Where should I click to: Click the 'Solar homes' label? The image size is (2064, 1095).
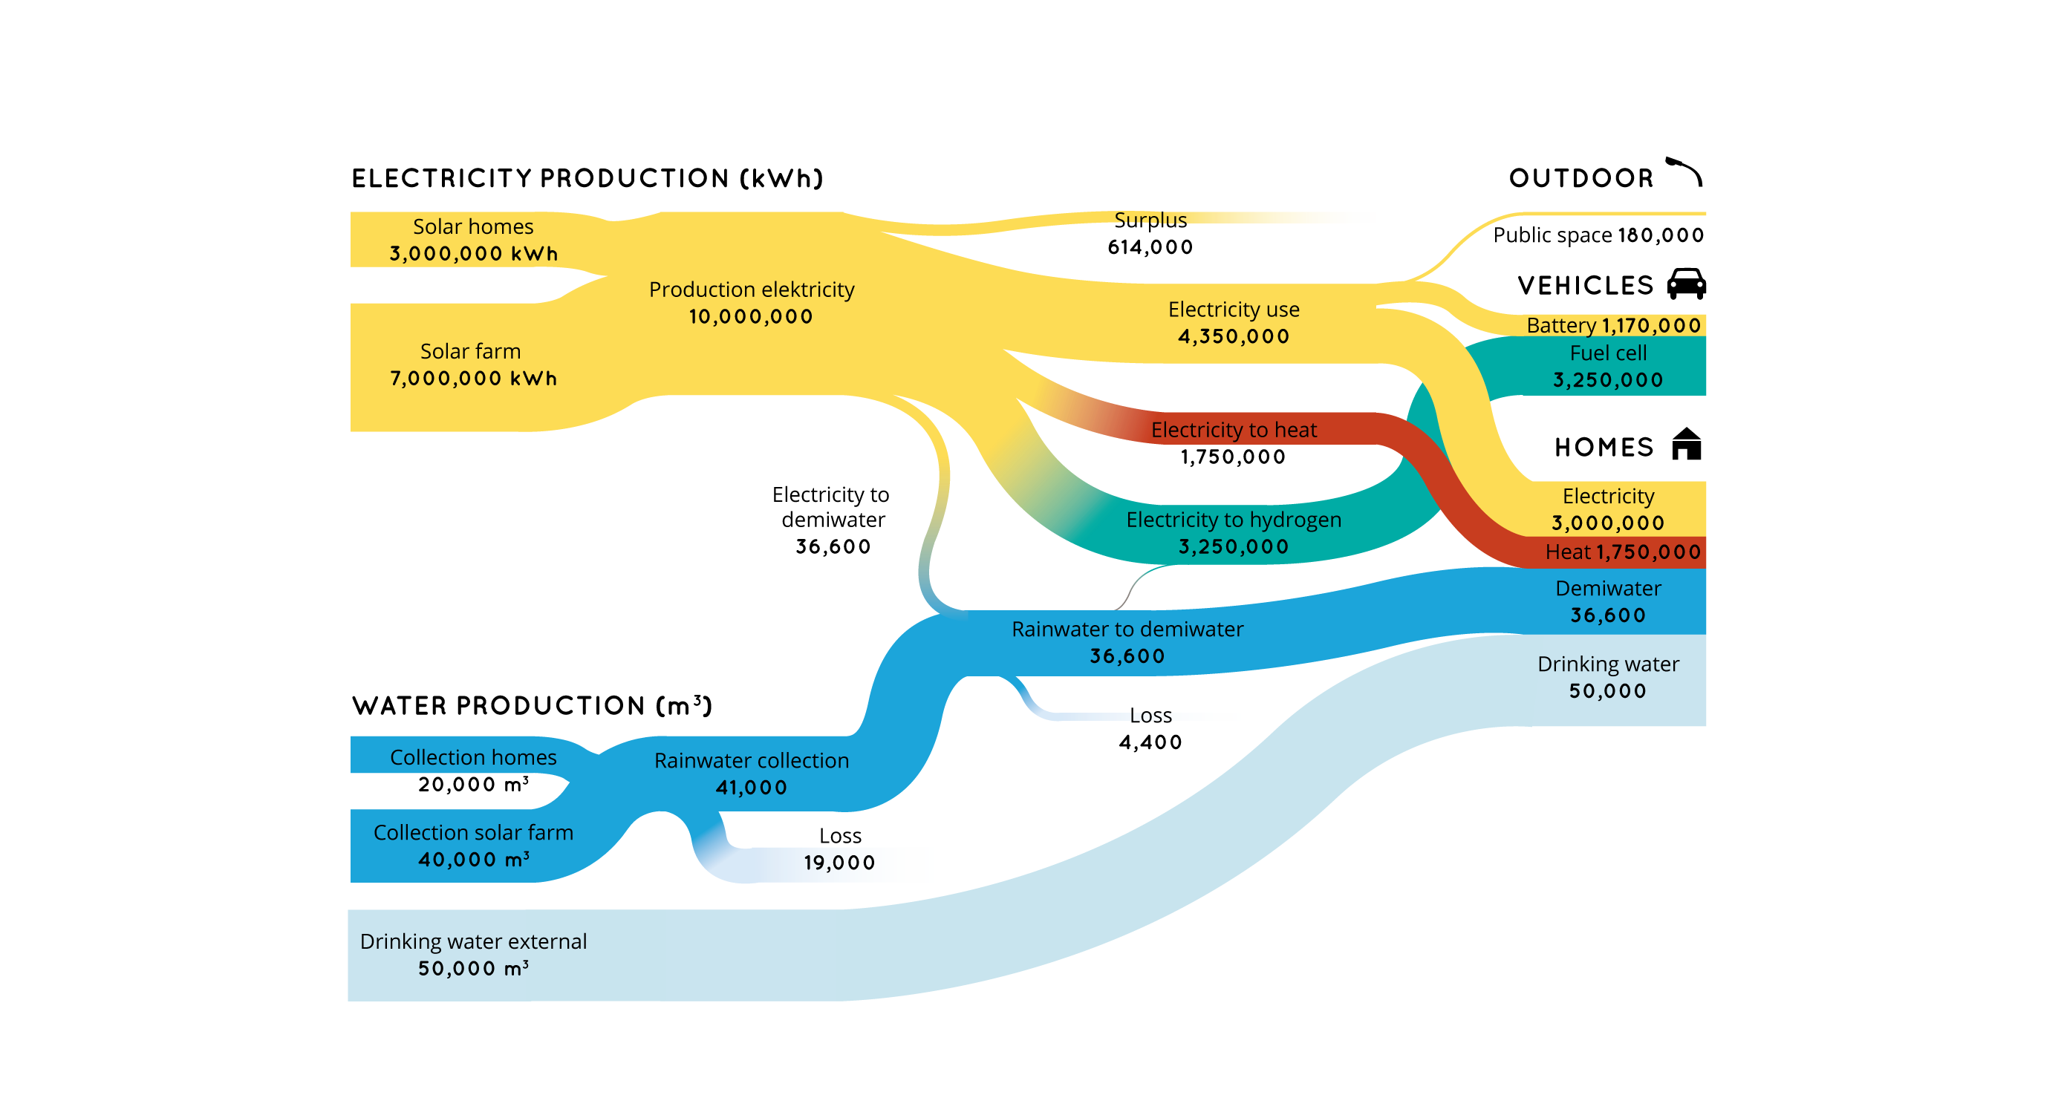[x=472, y=226]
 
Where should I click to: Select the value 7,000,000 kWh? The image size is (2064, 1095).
[x=472, y=378]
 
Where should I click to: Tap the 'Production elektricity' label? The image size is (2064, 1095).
[x=751, y=290]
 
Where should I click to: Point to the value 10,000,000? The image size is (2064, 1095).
[x=751, y=316]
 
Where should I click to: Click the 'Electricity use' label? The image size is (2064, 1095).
[x=1233, y=309]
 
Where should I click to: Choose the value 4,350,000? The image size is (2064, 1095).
[x=1233, y=336]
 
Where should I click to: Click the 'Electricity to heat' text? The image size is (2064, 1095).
[x=1233, y=430]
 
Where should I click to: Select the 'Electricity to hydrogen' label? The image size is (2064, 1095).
[x=1233, y=520]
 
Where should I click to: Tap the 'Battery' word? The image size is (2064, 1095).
[x=1561, y=325]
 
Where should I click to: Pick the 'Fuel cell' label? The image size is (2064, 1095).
[x=1607, y=353]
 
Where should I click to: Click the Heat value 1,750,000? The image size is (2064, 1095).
[x=1648, y=552]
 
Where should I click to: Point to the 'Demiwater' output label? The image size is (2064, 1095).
[x=1607, y=589]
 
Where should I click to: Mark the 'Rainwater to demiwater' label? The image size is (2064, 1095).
[x=1127, y=630]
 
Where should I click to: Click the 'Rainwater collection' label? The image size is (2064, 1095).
[x=751, y=761]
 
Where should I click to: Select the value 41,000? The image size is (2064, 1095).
[x=751, y=788]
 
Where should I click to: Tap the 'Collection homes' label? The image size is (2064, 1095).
[x=472, y=758]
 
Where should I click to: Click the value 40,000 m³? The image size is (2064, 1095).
[x=472, y=860]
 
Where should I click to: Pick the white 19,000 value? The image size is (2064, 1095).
[x=839, y=863]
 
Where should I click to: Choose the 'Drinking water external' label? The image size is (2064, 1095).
[x=472, y=942]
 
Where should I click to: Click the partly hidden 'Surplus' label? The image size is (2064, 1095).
[x=1150, y=219]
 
